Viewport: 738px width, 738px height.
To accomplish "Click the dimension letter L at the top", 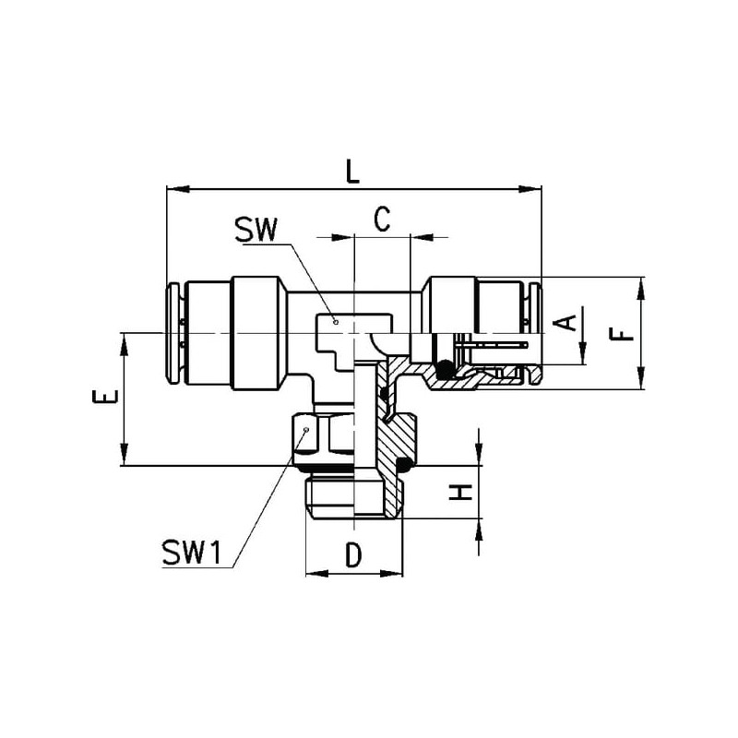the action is pyautogui.click(x=352, y=171).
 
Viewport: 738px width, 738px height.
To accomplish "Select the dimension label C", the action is pyautogui.click(x=382, y=220).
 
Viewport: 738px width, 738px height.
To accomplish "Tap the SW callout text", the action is pyautogui.click(x=257, y=230).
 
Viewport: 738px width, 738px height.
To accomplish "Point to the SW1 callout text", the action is pyautogui.click(x=191, y=553).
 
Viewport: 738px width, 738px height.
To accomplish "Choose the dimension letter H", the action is pyautogui.click(x=459, y=493).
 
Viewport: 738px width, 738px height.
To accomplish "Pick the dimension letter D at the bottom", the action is pyautogui.click(x=353, y=554).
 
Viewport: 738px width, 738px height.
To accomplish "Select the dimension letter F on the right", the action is pyautogui.click(x=622, y=334).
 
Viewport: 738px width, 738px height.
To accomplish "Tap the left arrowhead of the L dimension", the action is pyautogui.click(x=177, y=189).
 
